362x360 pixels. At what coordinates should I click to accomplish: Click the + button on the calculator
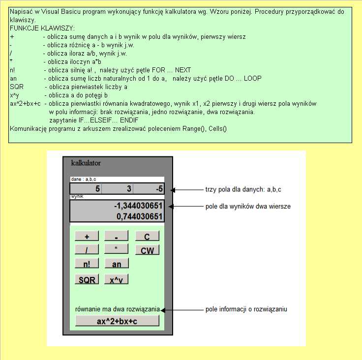click(87, 236)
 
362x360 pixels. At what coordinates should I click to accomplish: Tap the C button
click(147, 236)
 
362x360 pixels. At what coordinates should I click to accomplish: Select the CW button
click(147, 250)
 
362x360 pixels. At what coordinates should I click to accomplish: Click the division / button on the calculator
click(87, 250)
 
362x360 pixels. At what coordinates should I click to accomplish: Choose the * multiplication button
click(117, 249)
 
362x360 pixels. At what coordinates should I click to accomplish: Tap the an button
click(117, 264)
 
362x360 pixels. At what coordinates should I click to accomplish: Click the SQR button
click(87, 279)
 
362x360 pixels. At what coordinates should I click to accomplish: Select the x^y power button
click(117, 279)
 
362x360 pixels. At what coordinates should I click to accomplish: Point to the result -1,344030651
click(138, 206)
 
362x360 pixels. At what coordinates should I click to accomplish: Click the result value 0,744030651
click(140, 216)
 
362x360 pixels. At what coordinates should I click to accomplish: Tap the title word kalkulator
click(86, 162)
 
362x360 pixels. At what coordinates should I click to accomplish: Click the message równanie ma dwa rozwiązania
click(118, 309)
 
